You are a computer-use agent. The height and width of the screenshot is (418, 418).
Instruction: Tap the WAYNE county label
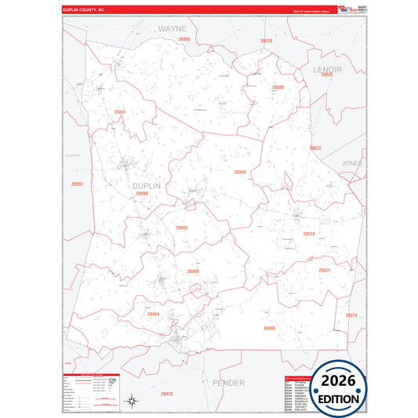point(173,27)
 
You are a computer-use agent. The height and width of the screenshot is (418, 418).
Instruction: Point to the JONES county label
point(351,163)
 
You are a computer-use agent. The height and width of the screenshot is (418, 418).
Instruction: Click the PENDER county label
point(228,382)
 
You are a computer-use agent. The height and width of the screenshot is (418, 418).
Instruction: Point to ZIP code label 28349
point(240,171)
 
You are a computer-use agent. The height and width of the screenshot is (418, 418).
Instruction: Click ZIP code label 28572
point(315,147)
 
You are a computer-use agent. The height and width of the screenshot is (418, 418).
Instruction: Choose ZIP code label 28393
point(77,184)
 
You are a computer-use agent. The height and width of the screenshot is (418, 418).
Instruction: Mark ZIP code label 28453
point(181,227)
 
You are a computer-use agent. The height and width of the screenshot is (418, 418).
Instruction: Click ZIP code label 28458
point(193,271)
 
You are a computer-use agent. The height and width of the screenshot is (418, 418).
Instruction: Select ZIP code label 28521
point(324,270)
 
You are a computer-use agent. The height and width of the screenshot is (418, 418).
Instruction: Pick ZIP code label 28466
point(269,328)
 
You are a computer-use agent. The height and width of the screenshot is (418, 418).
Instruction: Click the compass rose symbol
point(134,402)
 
